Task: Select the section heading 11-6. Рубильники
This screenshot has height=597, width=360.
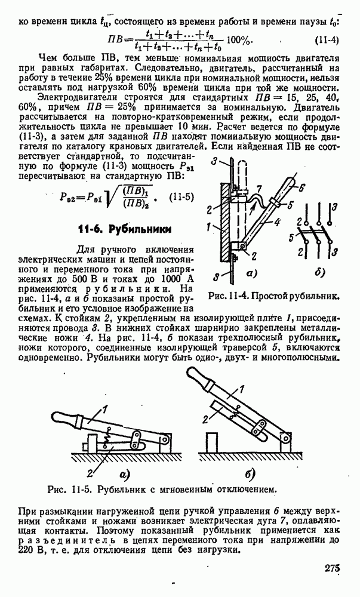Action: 125,228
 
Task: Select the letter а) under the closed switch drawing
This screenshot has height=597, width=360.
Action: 124,475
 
